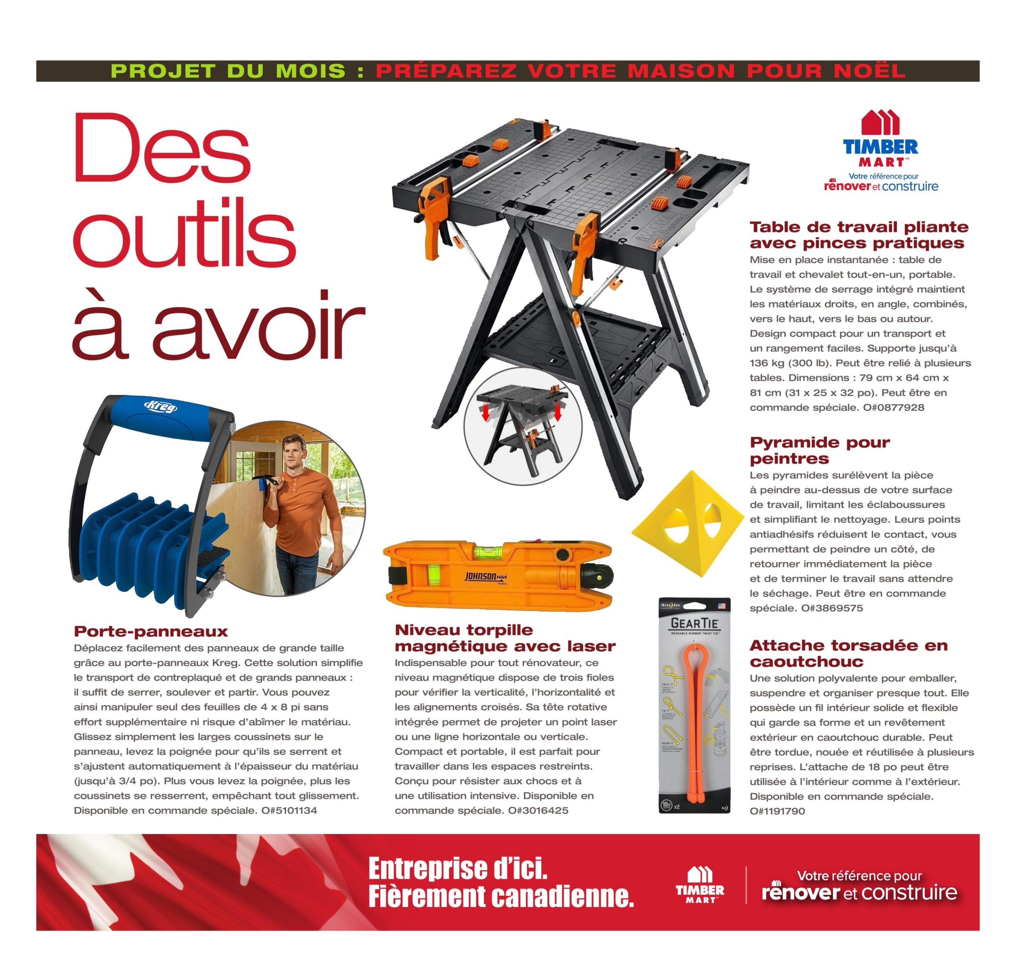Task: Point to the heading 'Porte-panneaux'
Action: (x=150, y=631)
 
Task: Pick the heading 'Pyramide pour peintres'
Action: (x=820, y=450)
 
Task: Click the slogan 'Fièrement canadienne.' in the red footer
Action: (x=500, y=897)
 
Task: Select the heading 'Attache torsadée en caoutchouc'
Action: (x=849, y=653)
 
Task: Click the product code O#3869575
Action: (x=832, y=608)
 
